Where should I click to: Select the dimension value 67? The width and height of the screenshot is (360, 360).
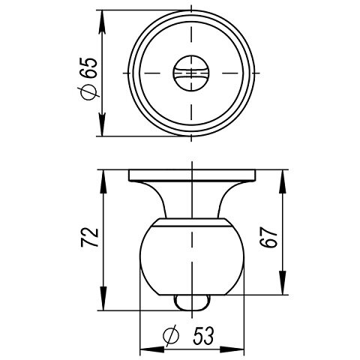tap(273, 238)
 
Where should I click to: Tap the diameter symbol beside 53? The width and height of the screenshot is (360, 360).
tap(170, 334)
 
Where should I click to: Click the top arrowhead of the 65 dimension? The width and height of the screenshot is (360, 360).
tap(103, 16)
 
